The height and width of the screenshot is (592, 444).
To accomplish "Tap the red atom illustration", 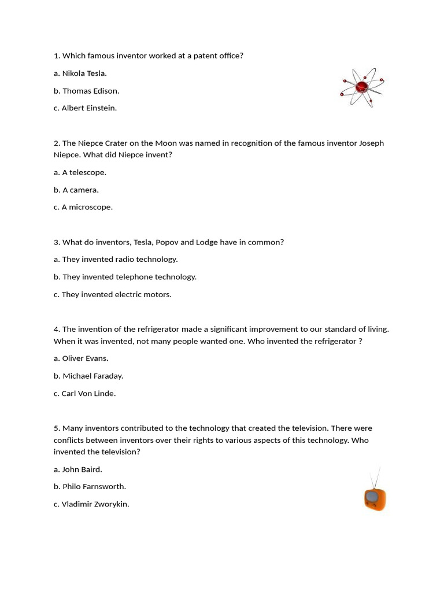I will click(362, 87).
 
